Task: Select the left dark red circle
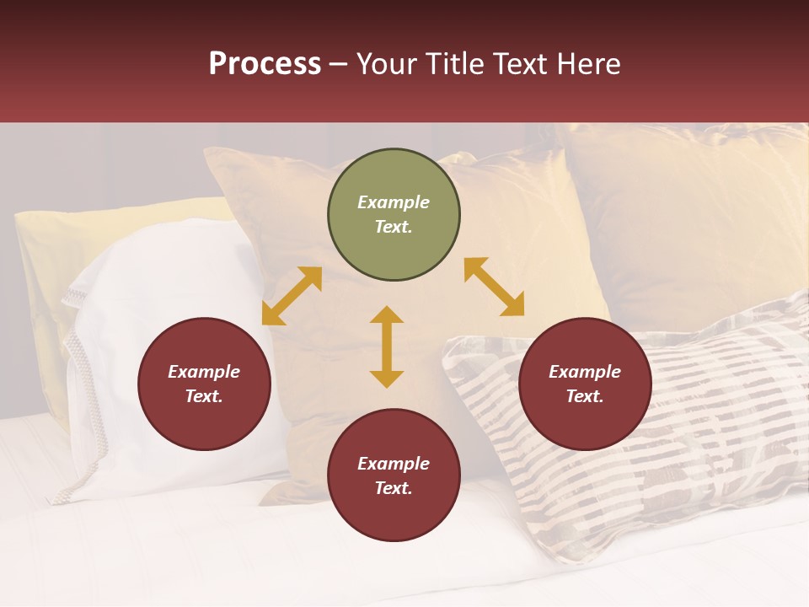[x=204, y=384]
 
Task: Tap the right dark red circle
[x=585, y=384]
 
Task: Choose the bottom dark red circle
[x=394, y=475]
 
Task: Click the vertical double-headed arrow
[x=387, y=346]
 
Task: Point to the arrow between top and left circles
[x=292, y=296]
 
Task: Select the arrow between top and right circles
[x=494, y=287]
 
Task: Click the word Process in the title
[x=265, y=64]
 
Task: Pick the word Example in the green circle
[x=394, y=202]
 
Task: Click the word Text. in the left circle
[x=204, y=396]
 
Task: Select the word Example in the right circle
[x=585, y=372]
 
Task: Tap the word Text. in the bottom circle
[x=394, y=488]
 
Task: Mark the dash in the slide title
[x=339, y=64]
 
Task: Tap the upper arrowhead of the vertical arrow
[x=387, y=314]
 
